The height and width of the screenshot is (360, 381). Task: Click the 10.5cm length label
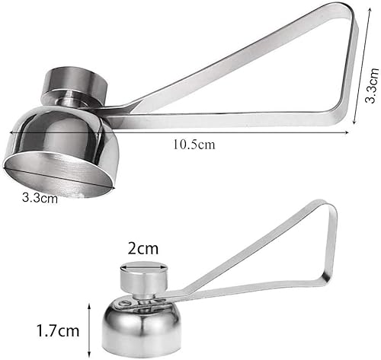[x=194, y=145]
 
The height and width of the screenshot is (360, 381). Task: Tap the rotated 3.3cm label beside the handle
[x=372, y=85]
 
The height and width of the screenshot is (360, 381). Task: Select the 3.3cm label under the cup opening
[x=40, y=198]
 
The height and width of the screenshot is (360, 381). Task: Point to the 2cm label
[x=142, y=249]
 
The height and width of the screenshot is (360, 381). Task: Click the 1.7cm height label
[x=58, y=330]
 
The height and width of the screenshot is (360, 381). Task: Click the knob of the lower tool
[x=144, y=276]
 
